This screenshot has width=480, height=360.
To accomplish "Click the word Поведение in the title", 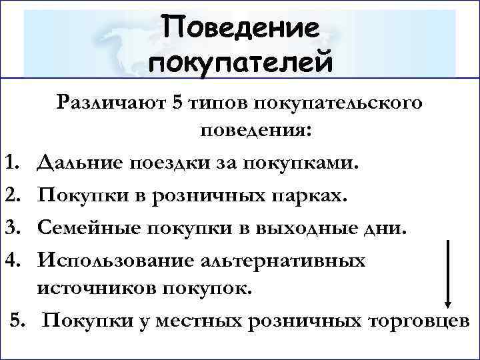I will [241, 28].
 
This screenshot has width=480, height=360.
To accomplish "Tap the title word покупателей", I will [241, 64].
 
